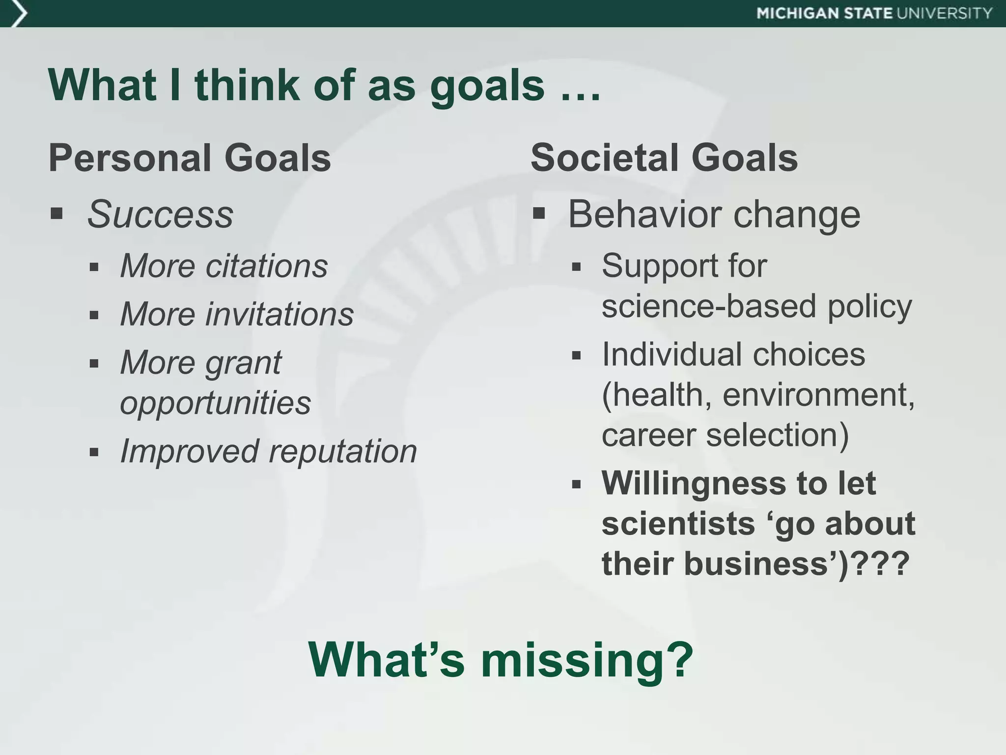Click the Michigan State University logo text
[x=874, y=13]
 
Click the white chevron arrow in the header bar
[x=19, y=13]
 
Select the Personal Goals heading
[x=190, y=158]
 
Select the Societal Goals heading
[x=664, y=158]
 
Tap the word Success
[x=160, y=215]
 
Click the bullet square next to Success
[x=56, y=214]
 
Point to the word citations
[x=266, y=266]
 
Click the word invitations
[x=279, y=315]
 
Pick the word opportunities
[x=215, y=403]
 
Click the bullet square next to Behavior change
[x=539, y=214]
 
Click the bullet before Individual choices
[x=577, y=355]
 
